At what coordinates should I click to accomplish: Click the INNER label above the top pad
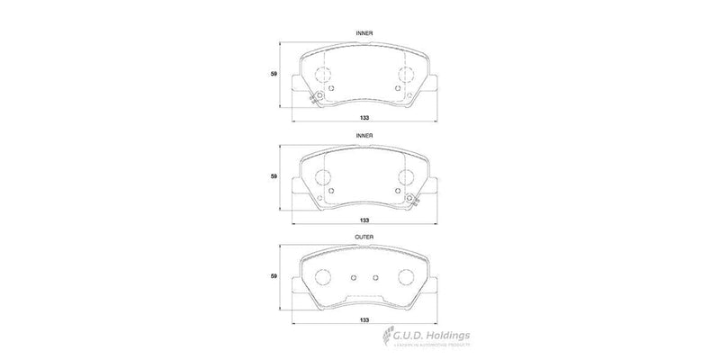pos(365,32)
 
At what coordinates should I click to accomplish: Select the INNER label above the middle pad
pos(365,135)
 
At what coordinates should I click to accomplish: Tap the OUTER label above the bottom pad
pos(365,237)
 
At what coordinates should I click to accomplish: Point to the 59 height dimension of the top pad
pos(274,75)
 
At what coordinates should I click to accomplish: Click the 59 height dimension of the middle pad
pos(274,176)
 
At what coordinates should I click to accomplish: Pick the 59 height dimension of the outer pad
pos(274,278)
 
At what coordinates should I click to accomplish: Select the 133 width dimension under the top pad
pos(365,118)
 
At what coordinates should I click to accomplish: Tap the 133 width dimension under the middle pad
pos(365,220)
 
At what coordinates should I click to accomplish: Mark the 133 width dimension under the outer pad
pos(365,320)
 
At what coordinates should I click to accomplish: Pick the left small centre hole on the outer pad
pos(354,277)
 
